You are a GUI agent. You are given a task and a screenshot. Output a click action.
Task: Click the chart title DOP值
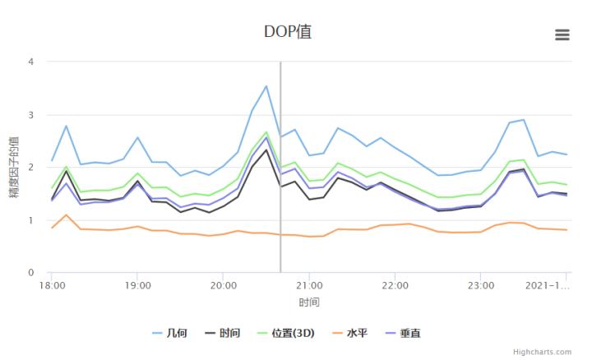(288, 32)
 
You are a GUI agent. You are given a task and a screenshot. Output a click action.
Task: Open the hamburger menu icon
(562, 35)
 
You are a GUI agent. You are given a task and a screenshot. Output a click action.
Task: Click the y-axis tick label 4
(30, 62)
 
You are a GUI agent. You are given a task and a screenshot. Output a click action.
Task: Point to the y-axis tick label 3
(30, 114)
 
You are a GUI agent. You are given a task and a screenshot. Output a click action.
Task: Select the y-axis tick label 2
(30, 167)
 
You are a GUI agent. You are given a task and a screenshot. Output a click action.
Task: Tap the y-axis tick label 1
(30, 220)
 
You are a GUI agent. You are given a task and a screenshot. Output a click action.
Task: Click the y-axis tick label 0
(30, 273)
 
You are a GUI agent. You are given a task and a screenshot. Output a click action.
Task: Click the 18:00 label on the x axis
(52, 286)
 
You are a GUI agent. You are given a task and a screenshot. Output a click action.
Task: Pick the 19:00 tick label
(137, 286)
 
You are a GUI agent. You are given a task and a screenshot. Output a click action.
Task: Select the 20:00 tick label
(224, 286)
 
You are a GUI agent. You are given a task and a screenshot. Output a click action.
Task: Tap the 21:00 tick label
(309, 286)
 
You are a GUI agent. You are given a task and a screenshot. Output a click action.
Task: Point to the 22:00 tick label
(395, 286)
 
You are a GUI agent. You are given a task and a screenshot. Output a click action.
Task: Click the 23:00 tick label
(481, 286)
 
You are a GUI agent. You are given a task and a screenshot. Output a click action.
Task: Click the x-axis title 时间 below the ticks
(309, 302)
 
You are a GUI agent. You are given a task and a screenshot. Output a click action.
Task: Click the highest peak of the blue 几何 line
(266, 85)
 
